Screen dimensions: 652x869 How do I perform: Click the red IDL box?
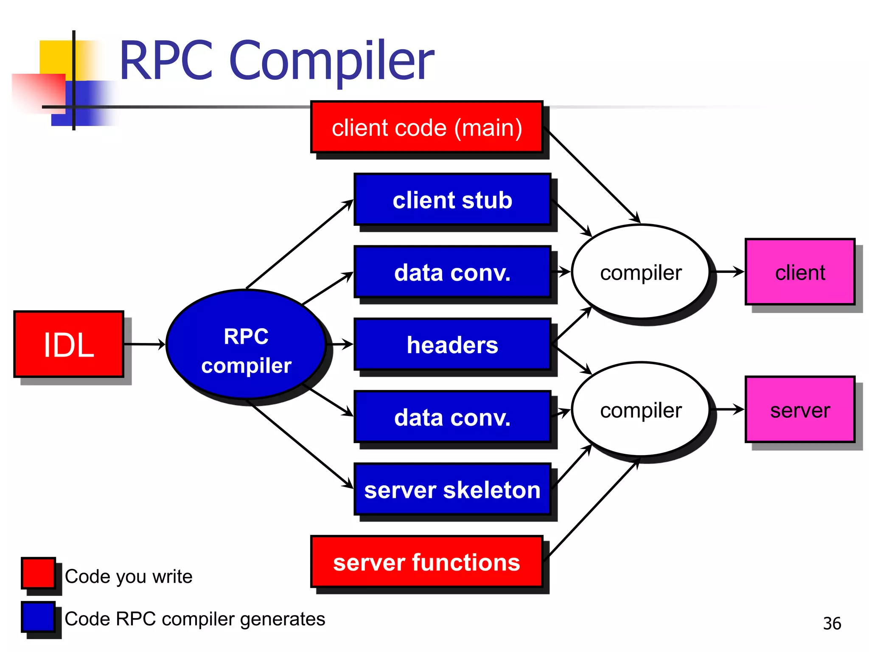pyautogui.click(x=69, y=344)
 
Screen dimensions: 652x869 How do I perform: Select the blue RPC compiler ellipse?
pyautogui.click(x=246, y=345)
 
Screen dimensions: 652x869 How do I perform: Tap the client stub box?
pyautogui.click(x=452, y=200)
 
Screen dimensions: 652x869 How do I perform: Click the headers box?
pyautogui.click(x=452, y=344)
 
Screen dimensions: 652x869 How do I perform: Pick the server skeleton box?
pyautogui.click(x=452, y=489)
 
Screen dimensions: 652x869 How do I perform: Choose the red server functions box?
pyautogui.click(x=426, y=562)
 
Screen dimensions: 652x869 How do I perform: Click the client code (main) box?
pyautogui.click(x=426, y=127)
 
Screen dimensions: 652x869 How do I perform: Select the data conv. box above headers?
pyautogui.click(x=452, y=272)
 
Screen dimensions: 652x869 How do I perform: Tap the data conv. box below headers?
pyautogui.click(x=452, y=417)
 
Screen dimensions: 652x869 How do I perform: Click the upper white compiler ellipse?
pyautogui.click(x=641, y=272)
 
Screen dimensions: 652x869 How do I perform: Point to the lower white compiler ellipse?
pyautogui.click(x=641, y=410)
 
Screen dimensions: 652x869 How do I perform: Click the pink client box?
pyautogui.click(x=800, y=272)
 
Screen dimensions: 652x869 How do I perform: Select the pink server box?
pyautogui.click(x=800, y=410)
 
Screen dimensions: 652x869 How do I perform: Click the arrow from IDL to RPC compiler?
pyautogui.click(x=144, y=344)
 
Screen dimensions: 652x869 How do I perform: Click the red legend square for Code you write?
pyautogui.click(x=38, y=573)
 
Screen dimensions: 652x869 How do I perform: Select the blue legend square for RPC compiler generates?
pyautogui.click(x=38, y=617)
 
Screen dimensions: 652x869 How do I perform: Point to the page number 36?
pyautogui.click(x=832, y=623)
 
